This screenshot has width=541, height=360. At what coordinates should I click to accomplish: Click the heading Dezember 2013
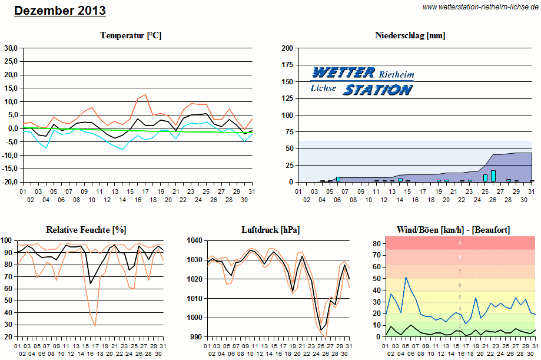coord(60,11)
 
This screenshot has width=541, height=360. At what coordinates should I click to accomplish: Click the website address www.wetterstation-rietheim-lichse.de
coord(480,6)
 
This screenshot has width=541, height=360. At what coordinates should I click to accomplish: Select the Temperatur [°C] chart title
coord(131,35)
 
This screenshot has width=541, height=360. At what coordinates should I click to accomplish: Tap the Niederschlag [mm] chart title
coord(410,35)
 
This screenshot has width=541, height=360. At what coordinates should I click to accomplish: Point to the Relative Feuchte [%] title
coord(87,229)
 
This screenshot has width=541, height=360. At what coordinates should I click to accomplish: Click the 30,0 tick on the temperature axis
coord(11,48)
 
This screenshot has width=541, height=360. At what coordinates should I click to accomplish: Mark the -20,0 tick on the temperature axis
coord(10,182)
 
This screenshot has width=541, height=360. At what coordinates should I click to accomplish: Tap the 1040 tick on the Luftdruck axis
coord(194,240)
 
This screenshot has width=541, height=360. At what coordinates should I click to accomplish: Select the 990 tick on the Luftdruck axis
coord(196,336)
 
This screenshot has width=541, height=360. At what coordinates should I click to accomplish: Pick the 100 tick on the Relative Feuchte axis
coord(7,240)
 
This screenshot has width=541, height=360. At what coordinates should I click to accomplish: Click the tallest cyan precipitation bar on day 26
coord(493,176)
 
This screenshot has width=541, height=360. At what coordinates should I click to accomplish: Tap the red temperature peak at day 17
coord(145,95)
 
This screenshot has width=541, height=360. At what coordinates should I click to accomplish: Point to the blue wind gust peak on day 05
coord(406,278)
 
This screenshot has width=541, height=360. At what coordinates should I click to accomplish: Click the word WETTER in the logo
coord(343,73)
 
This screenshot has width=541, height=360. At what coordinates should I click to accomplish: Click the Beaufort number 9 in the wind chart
coord(459,243)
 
